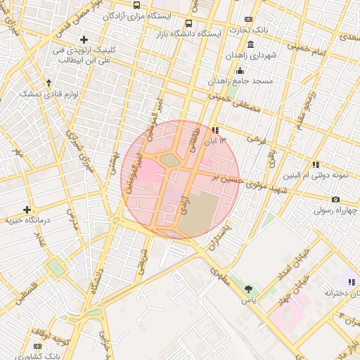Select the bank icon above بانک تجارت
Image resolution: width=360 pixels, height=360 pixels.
248,19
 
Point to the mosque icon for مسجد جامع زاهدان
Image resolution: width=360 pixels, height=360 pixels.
240,70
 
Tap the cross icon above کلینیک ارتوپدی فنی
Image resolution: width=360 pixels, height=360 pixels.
84,39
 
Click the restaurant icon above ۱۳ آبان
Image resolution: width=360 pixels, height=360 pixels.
214,130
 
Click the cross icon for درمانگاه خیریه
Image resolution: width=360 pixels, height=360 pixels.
27,210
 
